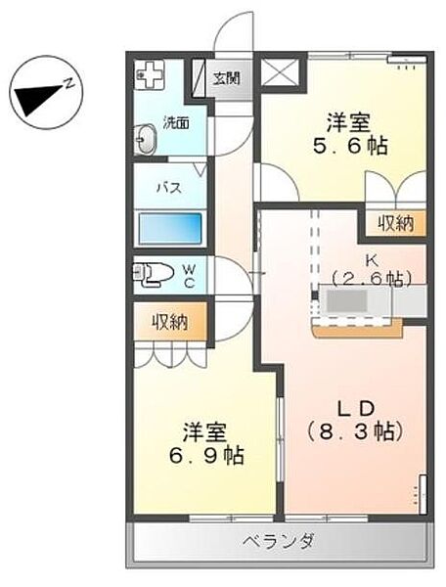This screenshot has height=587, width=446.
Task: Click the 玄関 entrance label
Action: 227,78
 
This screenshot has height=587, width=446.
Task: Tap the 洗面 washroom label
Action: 176,123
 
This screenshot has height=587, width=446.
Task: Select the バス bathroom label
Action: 169,187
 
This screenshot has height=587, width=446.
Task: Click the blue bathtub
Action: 170,229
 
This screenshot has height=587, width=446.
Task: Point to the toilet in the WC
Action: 154,273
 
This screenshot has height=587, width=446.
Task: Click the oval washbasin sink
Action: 145,139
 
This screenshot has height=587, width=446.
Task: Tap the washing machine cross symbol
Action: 151,75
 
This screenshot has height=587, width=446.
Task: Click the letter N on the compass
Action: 68,84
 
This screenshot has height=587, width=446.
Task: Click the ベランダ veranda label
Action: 279,541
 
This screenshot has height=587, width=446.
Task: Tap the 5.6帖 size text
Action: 350,146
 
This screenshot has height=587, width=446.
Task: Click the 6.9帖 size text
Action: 206,456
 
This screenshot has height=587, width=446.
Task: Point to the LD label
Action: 355,409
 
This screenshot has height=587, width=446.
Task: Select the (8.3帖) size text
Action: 355,432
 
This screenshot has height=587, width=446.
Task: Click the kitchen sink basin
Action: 346,300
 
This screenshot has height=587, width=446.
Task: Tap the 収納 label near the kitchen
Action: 395,223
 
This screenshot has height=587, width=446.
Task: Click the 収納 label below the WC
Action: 170,322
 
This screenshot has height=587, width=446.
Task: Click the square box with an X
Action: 281,71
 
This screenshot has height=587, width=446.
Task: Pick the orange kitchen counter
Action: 357,330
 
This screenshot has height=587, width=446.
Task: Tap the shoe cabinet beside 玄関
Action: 200,78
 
